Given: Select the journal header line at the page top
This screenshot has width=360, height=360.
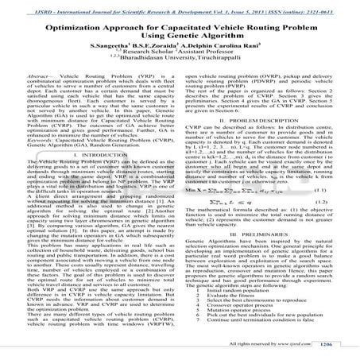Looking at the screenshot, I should click(180, 6).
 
